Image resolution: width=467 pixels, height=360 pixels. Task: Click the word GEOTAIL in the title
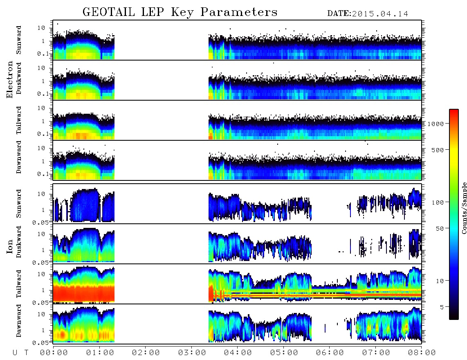(109, 12)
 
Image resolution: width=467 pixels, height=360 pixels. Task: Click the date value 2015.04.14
(380, 14)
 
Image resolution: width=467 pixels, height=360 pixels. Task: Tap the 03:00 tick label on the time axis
(192, 353)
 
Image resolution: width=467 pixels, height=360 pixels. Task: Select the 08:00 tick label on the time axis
(422, 353)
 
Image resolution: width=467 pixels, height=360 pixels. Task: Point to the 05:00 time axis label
(284, 353)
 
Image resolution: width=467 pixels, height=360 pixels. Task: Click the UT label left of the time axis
(20, 353)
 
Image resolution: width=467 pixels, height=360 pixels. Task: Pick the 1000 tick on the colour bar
(436, 124)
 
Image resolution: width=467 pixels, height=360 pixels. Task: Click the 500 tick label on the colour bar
(438, 150)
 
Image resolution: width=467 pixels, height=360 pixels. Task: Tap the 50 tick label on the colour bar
(440, 229)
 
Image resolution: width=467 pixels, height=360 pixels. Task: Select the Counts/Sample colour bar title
(464, 208)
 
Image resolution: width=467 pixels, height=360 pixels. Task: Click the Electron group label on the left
(10, 79)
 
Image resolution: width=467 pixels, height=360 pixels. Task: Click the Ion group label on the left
(10, 246)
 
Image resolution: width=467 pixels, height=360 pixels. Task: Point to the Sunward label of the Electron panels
(19, 40)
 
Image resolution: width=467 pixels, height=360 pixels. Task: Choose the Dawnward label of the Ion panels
(19, 321)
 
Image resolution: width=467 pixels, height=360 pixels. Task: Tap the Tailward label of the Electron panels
(19, 120)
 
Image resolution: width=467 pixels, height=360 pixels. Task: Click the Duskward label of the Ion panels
(19, 242)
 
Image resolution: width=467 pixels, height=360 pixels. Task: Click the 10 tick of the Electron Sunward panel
(41, 28)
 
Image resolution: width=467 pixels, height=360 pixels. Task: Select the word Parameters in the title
(239, 12)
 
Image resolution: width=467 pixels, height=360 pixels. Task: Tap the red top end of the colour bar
(454, 110)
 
